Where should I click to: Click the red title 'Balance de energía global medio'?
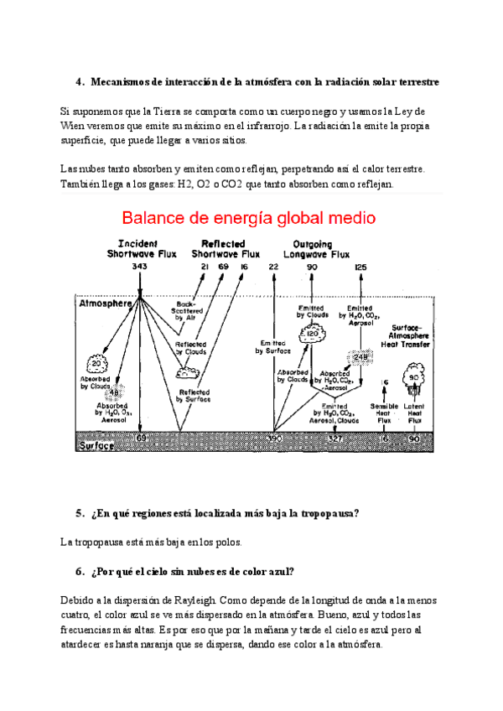[x=249, y=219]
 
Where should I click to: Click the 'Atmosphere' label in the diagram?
[x=105, y=304]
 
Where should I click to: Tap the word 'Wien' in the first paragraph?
[x=74, y=126]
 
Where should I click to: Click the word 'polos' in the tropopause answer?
[x=226, y=542]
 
